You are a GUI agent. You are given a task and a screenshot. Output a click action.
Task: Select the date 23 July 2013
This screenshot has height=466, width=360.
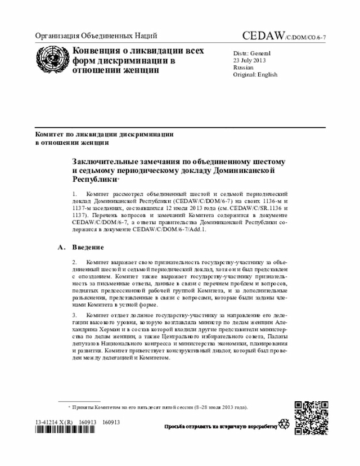tap(250, 60)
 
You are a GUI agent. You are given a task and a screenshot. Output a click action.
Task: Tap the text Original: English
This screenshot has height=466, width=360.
tap(255, 74)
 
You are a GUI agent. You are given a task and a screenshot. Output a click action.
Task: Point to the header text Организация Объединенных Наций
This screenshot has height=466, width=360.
tap(96, 37)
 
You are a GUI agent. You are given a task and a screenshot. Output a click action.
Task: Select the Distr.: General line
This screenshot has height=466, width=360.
tap(252, 53)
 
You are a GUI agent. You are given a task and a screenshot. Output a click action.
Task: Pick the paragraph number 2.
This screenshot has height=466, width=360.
tap(75, 262)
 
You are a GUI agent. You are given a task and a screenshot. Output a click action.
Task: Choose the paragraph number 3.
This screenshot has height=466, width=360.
tap(75, 316)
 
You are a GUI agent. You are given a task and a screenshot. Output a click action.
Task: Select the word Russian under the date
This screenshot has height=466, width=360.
tap(244, 67)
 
